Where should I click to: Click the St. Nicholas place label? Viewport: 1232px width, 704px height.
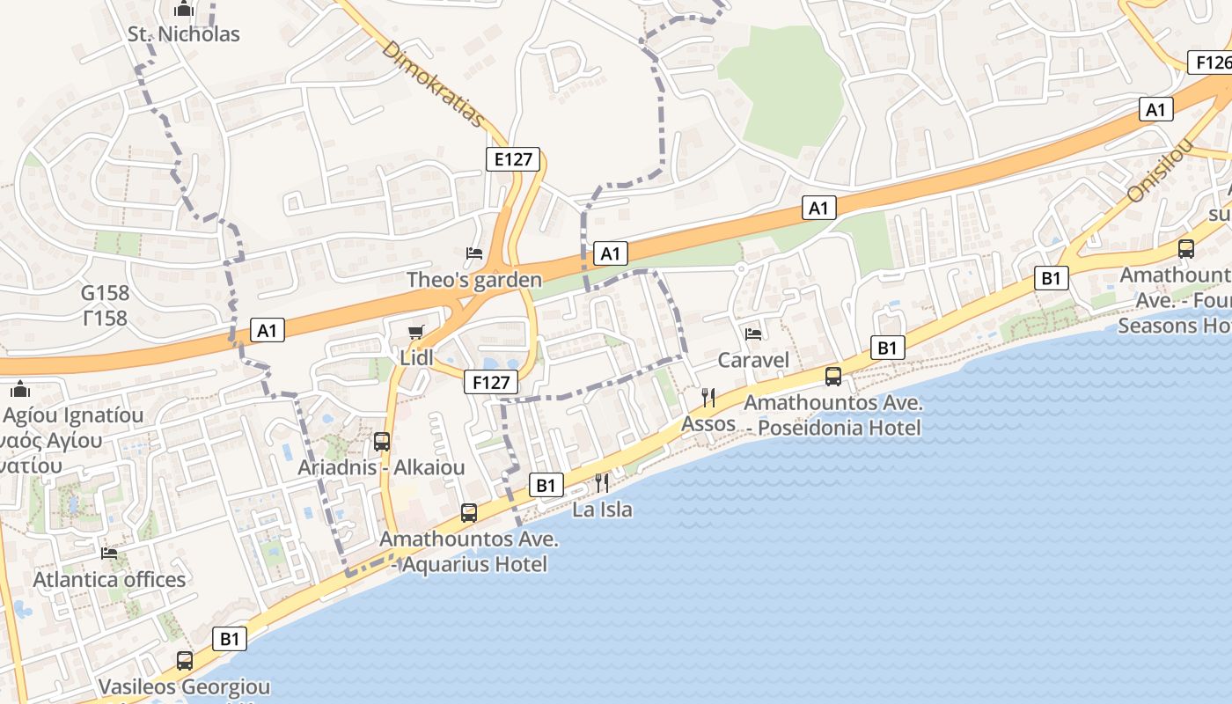click(183, 34)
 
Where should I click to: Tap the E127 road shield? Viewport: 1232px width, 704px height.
click(513, 158)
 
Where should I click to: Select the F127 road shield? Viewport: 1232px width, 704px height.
click(491, 383)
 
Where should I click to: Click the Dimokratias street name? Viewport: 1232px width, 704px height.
click(433, 84)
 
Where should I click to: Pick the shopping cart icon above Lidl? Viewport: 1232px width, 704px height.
click(416, 332)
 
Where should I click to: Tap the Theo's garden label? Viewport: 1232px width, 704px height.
click(474, 280)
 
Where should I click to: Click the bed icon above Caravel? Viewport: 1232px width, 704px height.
click(753, 334)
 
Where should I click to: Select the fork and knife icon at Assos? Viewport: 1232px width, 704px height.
click(708, 398)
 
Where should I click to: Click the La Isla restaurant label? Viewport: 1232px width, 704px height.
click(602, 510)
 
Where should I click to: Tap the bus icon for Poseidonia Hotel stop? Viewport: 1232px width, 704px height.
click(832, 377)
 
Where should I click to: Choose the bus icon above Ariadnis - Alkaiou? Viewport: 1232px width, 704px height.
click(381, 442)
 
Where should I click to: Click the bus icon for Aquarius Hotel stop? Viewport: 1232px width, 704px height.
click(469, 512)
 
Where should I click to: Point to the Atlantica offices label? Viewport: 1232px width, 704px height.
click(109, 579)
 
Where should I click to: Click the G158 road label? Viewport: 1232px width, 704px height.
click(105, 293)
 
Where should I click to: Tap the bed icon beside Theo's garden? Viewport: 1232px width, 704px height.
click(474, 253)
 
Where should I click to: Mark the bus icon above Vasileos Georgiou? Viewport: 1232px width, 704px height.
click(184, 660)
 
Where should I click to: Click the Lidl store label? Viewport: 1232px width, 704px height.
click(416, 358)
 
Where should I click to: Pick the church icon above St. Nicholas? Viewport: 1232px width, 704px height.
click(183, 10)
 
